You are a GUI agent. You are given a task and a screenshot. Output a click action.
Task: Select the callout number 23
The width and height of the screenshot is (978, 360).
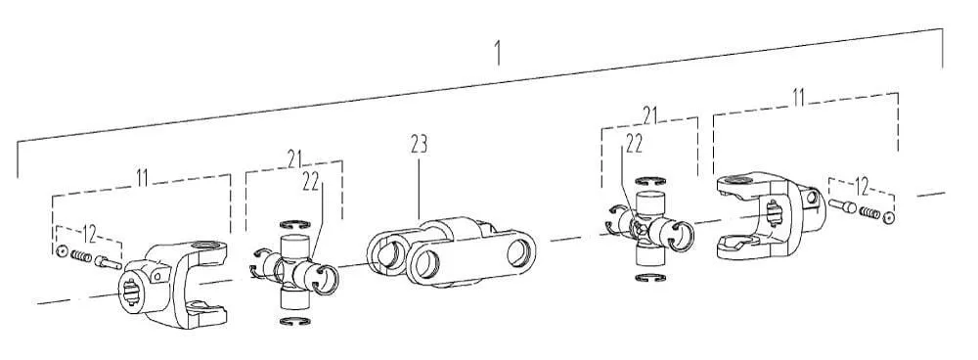coord(420,145)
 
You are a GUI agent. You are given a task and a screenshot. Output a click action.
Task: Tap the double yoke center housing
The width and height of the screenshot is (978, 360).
coord(450,250)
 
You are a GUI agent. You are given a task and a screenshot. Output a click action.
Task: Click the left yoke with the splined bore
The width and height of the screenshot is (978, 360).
coord(173,282)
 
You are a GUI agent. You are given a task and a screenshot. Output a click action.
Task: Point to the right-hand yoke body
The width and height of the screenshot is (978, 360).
coord(771,214)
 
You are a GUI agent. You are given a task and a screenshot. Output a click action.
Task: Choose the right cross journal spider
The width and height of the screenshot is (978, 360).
coord(650,229)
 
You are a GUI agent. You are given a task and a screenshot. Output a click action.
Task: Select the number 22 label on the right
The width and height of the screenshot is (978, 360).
coord(634,145)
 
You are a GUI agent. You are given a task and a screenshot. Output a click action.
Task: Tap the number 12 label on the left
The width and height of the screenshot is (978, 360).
coord(89,235)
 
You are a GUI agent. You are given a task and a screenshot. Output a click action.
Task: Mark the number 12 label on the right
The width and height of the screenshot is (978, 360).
coord(862,186)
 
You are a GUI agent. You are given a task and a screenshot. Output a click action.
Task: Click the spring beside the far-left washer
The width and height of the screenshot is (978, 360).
coord(81,256)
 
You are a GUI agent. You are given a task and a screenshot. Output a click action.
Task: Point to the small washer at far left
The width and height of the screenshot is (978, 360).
coord(61,251)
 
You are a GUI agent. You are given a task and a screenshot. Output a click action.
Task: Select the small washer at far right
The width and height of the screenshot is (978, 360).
coord(889,217)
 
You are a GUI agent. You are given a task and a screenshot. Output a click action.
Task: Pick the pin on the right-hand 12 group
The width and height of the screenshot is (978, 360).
coord(842,205)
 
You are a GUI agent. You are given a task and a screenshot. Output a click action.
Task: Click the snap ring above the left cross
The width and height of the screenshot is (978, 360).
coord(295,225)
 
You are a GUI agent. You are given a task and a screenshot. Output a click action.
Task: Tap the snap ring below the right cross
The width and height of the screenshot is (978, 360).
coord(650,278)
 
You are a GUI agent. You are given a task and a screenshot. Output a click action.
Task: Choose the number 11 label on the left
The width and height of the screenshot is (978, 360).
coord(142,177)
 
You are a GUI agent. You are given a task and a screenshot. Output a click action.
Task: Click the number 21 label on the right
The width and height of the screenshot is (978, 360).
coord(649,115)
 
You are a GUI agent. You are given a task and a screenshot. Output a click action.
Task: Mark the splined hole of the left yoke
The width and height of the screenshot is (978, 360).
coord(132,291)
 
